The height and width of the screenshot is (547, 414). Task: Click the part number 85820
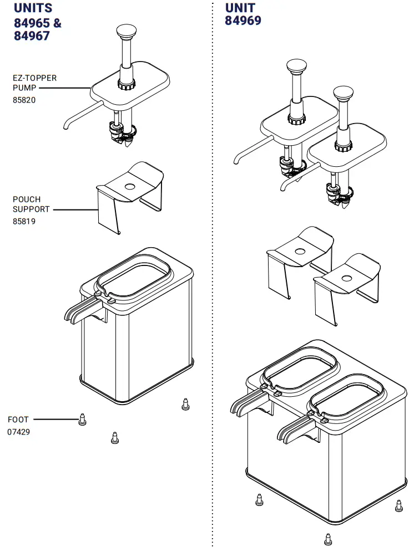[x=24, y=100]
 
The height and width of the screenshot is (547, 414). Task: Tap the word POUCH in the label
[x=27, y=200]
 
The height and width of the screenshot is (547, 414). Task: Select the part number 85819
[x=24, y=221]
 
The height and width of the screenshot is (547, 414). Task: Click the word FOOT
[x=18, y=420]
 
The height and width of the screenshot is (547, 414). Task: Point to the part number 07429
[x=19, y=432]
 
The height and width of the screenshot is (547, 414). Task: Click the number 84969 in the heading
[x=243, y=21]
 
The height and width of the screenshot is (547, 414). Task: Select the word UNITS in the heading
[x=33, y=8]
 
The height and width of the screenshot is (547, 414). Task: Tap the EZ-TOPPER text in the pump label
[x=34, y=78]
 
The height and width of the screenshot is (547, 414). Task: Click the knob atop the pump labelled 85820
[x=126, y=31]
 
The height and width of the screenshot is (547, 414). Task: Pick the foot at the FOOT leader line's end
[x=82, y=419]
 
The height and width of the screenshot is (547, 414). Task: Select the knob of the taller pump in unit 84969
[x=297, y=67]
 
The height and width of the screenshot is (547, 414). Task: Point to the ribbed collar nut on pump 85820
[x=126, y=85]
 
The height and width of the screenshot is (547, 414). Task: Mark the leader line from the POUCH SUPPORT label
[x=75, y=210]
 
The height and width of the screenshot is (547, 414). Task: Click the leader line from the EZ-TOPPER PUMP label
[x=64, y=88]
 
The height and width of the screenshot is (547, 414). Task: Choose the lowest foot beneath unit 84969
[x=327, y=538]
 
